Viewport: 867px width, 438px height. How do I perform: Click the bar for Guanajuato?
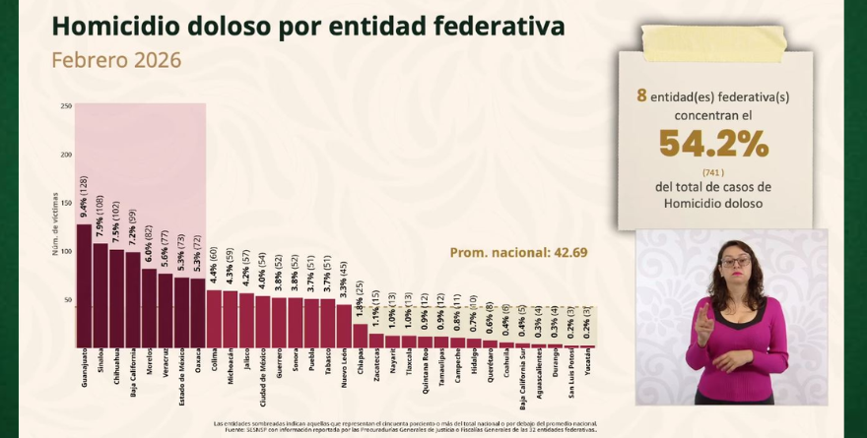84,285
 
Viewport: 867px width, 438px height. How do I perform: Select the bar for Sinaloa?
100,295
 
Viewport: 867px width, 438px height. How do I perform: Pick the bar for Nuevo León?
343,325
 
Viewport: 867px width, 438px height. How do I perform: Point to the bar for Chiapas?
360,336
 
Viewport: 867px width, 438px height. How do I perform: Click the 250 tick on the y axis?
66,106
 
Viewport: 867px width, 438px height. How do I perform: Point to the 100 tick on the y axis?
66,251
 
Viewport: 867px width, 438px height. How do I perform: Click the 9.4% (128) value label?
84,197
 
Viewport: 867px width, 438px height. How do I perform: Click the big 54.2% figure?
713,145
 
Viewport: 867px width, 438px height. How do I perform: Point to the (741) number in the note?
713,172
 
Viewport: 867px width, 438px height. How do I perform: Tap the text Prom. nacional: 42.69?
518,252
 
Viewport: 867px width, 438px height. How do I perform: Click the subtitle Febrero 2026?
116,60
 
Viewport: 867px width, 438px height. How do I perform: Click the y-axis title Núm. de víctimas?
55,224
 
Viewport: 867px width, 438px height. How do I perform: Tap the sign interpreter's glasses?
734,262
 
